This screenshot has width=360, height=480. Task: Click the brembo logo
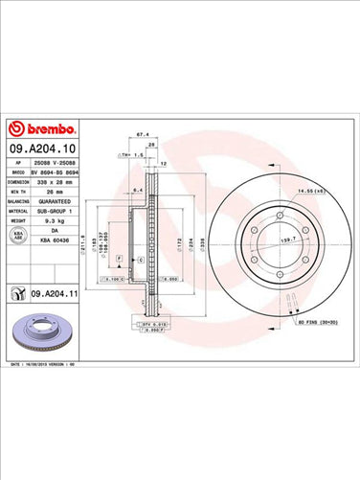pyautogui.click(x=35, y=128)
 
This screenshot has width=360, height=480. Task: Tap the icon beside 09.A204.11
pyautogui.click(x=17, y=292)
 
